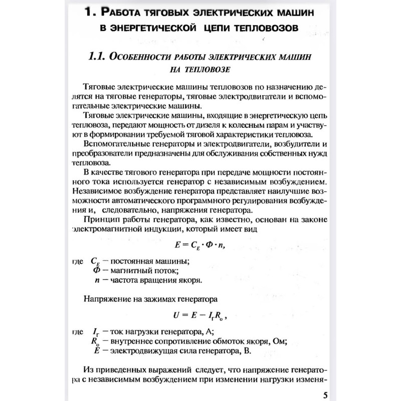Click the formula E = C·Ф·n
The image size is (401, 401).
click(203, 245)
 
